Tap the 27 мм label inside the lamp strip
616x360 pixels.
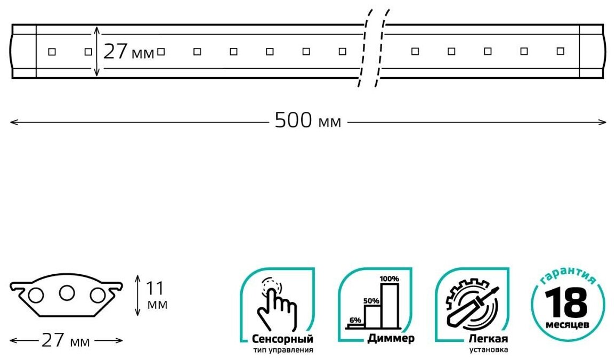point(128,52)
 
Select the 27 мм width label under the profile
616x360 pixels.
point(66,341)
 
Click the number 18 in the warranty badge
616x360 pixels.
point(568,304)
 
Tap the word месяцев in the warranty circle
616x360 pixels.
point(568,324)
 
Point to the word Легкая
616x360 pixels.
point(488,339)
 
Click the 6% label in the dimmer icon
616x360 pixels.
point(355,320)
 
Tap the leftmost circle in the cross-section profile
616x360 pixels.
point(36,296)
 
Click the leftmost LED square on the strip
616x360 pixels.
point(52,52)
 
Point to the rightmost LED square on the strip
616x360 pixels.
point(560,51)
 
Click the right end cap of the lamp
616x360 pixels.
point(591,51)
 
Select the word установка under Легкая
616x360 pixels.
point(488,350)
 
